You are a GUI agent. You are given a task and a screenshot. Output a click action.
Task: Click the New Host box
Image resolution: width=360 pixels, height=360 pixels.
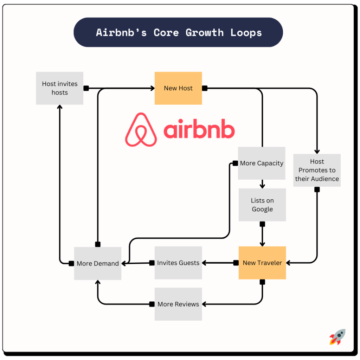(x=178, y=88)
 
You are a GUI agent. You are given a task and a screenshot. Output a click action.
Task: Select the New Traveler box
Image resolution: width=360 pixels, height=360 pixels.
(x=262, y=263)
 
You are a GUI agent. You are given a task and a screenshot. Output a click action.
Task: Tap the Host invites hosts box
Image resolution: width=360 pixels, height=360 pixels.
(x=60, y=88)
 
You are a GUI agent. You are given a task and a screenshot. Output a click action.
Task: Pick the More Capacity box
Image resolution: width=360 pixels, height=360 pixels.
(x=262, y=163)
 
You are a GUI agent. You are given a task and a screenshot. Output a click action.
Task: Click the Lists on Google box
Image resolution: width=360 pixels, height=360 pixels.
(x=262, y=205)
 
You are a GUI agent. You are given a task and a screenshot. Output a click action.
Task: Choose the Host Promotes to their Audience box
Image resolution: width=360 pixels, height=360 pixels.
(x=317, y=170)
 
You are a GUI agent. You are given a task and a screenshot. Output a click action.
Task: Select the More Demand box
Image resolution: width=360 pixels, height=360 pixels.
(x=98, y=263)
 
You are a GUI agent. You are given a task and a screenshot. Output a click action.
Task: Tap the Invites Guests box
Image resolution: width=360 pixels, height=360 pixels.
(x=178, y=263)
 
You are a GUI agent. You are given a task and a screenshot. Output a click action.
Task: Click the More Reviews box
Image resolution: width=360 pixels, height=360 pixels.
(x=178, y=304)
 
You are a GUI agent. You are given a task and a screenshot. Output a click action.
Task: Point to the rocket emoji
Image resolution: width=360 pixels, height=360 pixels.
(x=337, y=337)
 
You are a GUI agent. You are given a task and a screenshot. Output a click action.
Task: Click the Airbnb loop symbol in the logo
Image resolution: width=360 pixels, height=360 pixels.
(x=141, y=130)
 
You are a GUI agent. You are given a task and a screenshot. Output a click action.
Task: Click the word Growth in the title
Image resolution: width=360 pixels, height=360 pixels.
(x=205, y=33)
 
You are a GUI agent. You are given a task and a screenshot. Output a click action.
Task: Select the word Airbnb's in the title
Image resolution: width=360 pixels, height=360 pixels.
(x=121, y=33)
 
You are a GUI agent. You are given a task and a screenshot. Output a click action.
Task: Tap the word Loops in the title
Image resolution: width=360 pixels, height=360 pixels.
(x=246, y=33)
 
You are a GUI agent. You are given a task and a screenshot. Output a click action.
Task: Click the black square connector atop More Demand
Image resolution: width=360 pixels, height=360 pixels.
(x=98, y=244)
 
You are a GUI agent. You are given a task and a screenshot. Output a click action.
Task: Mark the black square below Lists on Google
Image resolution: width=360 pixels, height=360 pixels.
(x=262, y=224)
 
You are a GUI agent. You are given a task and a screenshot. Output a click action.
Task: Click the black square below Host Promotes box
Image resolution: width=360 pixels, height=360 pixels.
(x=317, y=189)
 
